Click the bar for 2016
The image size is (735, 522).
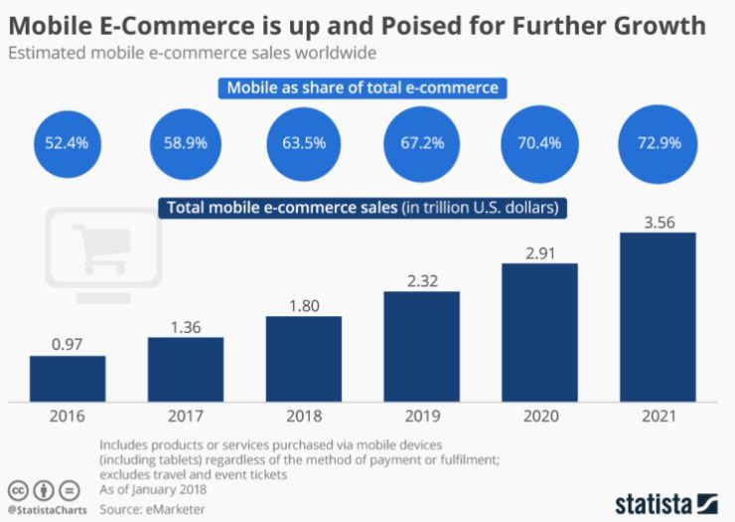(68, 376)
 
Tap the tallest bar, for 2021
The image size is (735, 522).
(658, 314)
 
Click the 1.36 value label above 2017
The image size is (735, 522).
(185, 325)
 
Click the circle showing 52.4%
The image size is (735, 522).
(67, 143)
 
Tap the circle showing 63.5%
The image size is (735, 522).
(303, 143)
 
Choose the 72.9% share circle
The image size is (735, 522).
(657, 143)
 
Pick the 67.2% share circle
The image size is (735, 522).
(421, 143)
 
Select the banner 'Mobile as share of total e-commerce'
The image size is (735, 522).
(362, 88)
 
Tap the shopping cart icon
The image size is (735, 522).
(100, 245)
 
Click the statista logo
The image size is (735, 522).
(665, 500)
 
